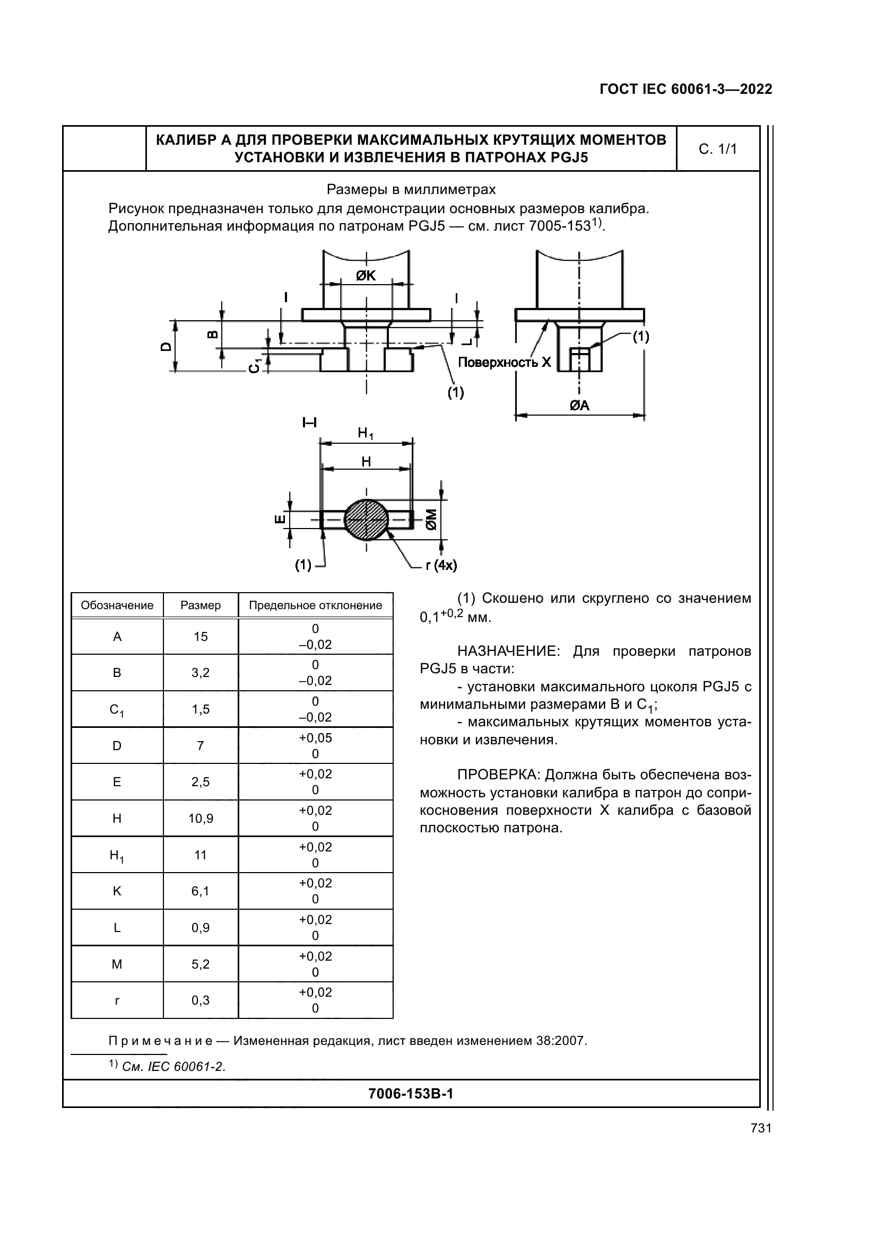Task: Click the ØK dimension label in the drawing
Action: click(366, 276)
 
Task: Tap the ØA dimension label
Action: click(579, 405)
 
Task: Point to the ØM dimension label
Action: click(431, 519)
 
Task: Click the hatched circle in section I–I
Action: click(367, 520)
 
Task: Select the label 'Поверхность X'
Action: click(504, 362)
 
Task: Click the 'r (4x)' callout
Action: click(441, 566)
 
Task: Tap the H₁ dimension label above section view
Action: click(366, 433)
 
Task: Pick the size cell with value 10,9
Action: click(201, 819)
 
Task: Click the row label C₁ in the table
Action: click(117, 710)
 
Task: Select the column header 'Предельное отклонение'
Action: click(315, 605)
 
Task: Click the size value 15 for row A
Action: click(201, 637)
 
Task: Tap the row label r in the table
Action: click(117, 1000)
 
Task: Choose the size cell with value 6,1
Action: click(201, 891)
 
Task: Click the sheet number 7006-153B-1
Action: click(411, 1094)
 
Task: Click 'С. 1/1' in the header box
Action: click(718, 149)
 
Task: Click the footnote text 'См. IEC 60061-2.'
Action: click(173, 1067)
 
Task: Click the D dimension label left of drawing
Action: click(166, 347)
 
